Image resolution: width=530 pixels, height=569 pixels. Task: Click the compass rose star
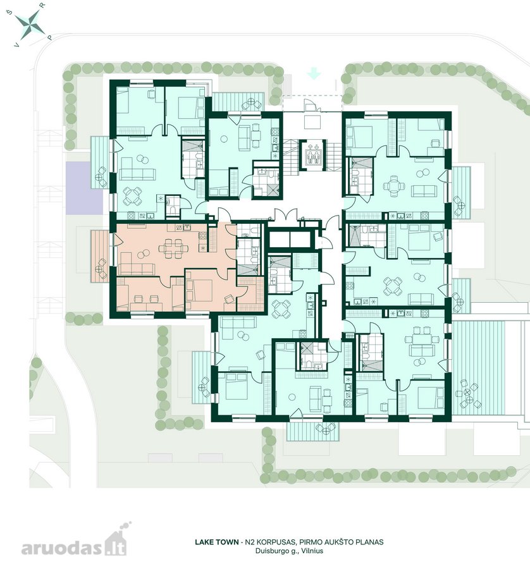30,24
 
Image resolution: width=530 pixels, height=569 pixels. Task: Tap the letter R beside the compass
42,6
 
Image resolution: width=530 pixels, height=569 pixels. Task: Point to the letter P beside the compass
50,37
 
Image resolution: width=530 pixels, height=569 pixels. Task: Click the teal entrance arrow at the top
314,75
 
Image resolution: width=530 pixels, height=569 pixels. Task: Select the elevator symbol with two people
312,156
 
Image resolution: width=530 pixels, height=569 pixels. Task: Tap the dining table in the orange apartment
173,248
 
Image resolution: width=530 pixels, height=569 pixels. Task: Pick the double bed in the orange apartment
199,290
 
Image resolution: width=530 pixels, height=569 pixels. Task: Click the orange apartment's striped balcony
99,255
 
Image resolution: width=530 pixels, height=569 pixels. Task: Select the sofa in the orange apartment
133,266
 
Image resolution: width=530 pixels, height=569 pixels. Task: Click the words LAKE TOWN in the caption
217,542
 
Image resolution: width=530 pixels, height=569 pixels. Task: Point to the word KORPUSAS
274,542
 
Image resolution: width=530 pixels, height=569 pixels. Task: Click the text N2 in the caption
249,542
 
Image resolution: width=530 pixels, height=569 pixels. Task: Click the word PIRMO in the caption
309,542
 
